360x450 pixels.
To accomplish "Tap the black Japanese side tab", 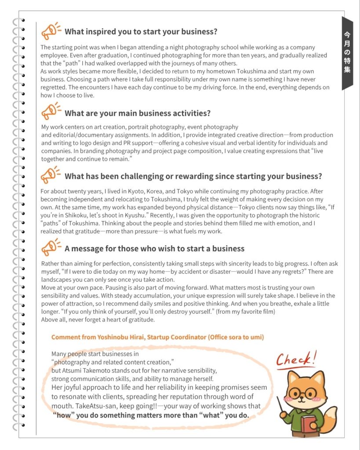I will pos(347,53).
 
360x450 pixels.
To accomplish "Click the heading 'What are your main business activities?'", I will pos(137,113).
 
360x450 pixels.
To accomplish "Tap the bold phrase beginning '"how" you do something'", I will pos(151,415).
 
